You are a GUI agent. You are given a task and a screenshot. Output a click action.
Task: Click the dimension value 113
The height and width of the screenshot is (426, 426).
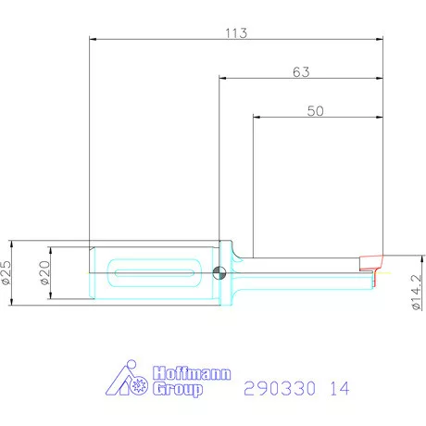[235, 32]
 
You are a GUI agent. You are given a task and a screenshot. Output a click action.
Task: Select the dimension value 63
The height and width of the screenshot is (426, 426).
[300, 71]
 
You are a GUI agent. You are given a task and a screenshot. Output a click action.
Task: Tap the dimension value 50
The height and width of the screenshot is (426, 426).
[316, 110]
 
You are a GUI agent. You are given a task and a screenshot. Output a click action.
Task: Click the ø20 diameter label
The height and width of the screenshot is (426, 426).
[43, 272]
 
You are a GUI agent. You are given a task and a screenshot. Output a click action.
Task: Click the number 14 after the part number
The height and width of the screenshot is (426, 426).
[339, 389]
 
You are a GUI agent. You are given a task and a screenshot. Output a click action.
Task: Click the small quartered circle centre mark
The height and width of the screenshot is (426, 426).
[218, 272]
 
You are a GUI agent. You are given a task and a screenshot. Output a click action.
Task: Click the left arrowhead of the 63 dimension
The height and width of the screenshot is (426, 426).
[222, 78]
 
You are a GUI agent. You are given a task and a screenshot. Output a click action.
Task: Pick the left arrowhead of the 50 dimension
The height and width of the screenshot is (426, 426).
[257, 117]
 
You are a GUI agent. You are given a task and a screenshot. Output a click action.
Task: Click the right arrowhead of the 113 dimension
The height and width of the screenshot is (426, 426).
[381, 39]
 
